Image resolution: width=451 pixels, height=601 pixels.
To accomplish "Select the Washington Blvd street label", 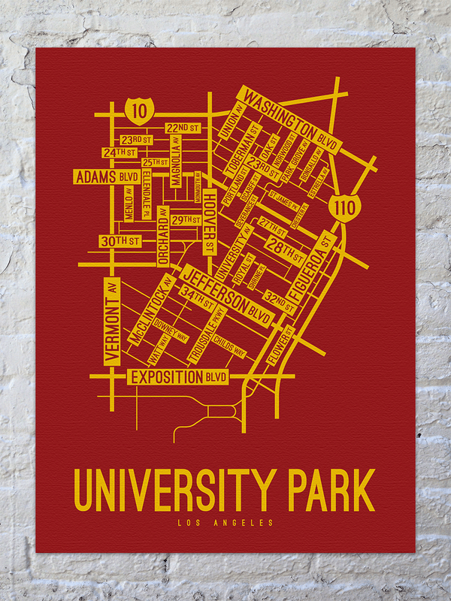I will click(x=290, y=120).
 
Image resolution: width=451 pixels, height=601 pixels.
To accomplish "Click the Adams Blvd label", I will click(x=106, y=177).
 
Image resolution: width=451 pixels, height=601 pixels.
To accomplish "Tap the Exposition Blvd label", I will click(x=178, y=377).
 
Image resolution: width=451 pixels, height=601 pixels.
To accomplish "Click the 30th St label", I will click(x=120, y=241).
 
